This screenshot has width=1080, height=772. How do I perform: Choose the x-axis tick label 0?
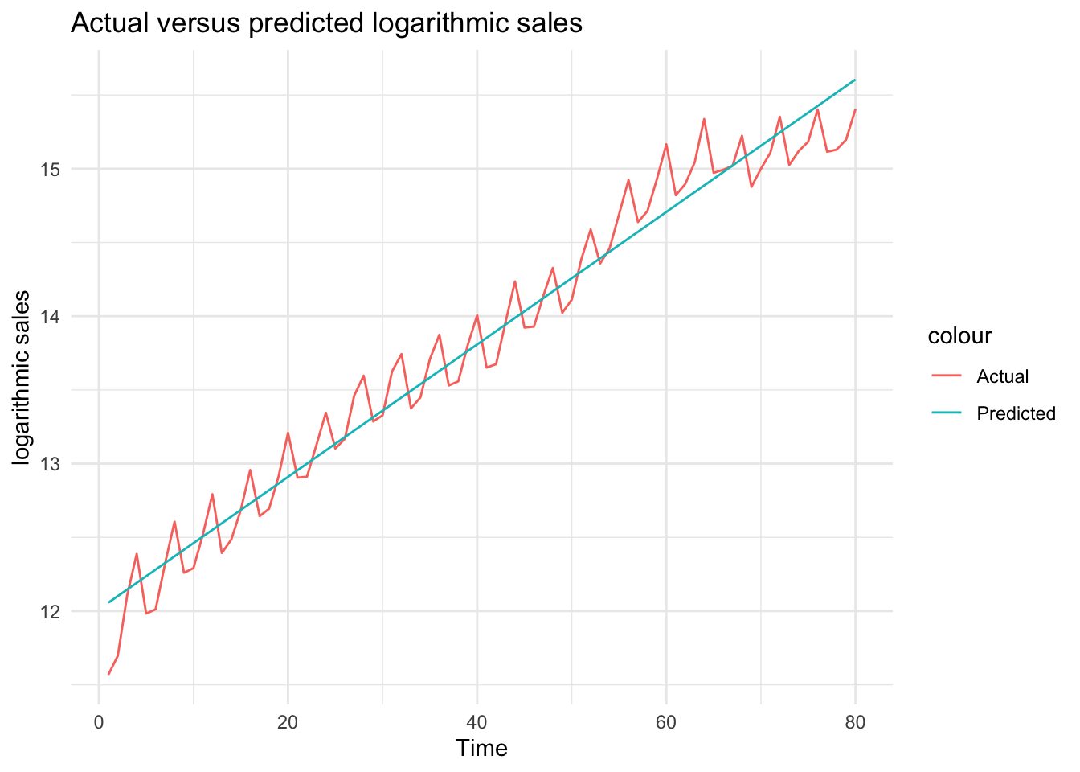click(x=99, y=722)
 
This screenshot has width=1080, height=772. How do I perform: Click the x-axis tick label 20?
click(x=288, y=722)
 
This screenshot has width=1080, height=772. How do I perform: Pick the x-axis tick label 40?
click(x=477, y=722)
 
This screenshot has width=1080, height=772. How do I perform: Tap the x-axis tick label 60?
click(x=666, y=722)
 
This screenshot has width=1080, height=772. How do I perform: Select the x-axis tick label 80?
click(x=855, y=722)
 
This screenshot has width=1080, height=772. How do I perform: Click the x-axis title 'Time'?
click(x=481, y=749)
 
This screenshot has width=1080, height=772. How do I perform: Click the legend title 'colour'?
click(x=959, y=336)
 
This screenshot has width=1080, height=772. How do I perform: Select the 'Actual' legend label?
click(x=1002, y=376)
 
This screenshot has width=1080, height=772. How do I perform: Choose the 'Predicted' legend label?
click(x=1016, y=413)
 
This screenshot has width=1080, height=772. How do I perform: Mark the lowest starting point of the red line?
click(x=108, y=674)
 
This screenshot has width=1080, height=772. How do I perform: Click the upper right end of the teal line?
click(x=855, y=80)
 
